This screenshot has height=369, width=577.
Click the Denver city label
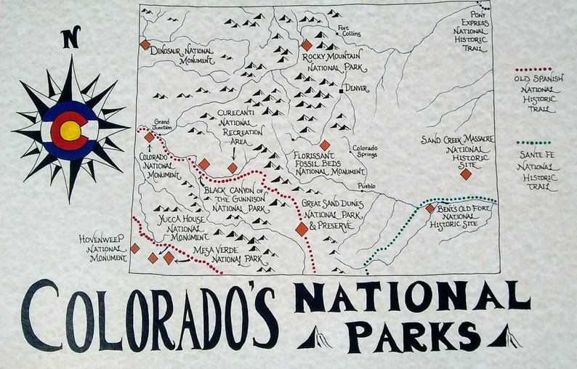coord(356,89)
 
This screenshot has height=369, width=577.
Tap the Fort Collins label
coord(349,31)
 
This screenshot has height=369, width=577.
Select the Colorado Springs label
coord(366,151)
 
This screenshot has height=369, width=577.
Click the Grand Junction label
coord(161,125)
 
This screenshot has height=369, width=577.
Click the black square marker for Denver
coord(340,92)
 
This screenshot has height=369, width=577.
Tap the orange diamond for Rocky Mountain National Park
coord(306,45)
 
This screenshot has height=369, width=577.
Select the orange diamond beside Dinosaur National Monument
coord(145,45)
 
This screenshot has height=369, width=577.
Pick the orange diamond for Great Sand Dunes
coord(302,230)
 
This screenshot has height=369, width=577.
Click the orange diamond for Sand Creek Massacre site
coord(466,174)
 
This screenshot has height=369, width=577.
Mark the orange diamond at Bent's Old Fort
coord(429,208)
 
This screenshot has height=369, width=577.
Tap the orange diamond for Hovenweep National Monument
coord(134,248)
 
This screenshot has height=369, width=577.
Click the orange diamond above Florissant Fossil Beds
coord(325,145)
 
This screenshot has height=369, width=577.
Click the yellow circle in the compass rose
coord(70,131)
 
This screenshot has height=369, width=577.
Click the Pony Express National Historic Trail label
coord(469,32)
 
